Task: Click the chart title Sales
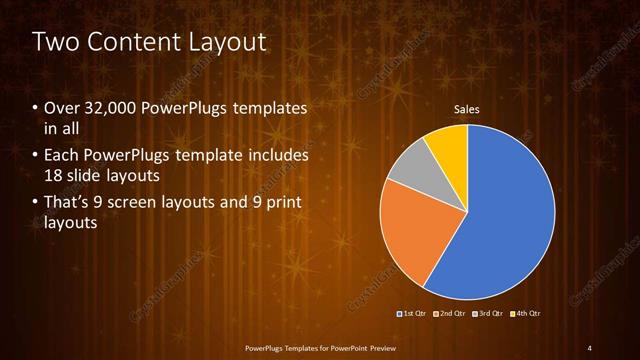(x=467, y=109)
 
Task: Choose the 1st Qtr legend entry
(x=413, y=314)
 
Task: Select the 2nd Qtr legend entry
(x=452, y=314)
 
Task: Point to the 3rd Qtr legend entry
(x=489, y=314)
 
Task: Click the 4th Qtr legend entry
(x=526, y=314)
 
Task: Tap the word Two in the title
(x=56, y=43)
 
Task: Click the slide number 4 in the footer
(x=590, y=347)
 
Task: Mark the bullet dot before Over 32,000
(x=36, y=108)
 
